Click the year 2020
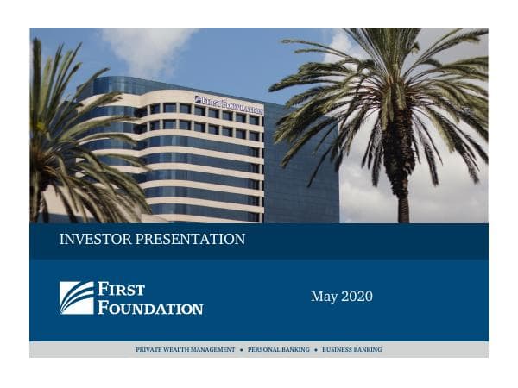[x=357, y=297]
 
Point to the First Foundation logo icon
[x=76, y=297]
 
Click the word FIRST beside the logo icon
[x=121, y=289]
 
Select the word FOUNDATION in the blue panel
[x=150, y=307]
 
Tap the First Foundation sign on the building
[x=229, y=105]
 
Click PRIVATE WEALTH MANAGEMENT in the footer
[x=186, y=350]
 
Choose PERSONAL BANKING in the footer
[x=279, y=350]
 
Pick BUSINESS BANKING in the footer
[x=351, y=350]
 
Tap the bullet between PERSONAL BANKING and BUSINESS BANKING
[x=316, y=350]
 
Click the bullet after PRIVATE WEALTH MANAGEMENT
[x=242, y=350]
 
